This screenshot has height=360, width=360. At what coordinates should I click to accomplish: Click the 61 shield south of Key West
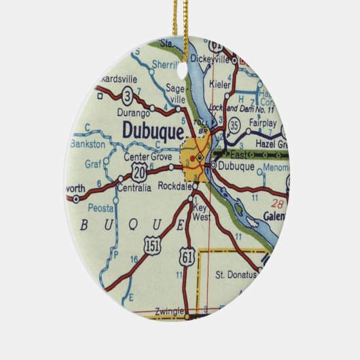coord(187,257)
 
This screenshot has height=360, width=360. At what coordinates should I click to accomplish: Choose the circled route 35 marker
coord(234,125)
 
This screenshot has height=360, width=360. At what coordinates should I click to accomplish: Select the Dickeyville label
coord(211,58)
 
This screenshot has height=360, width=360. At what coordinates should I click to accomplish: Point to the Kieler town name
coord(220,85)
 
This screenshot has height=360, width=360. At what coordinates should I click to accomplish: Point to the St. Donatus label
coord(236,274)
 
